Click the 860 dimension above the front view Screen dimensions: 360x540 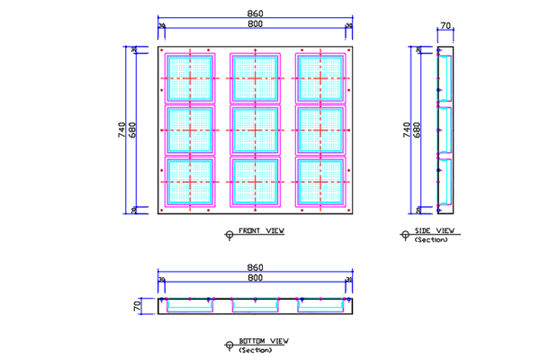tap(255, 13)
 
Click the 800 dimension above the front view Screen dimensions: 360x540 tap(255, 24)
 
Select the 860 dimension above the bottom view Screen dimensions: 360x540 tap(255, 267)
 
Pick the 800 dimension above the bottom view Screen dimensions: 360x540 tap(255, 279)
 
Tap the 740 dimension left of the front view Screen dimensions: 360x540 tap(122, 130)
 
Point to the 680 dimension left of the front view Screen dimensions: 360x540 tap(133, 130)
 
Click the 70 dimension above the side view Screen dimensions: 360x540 tap(445, 26)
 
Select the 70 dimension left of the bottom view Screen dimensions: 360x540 tap(138, 306)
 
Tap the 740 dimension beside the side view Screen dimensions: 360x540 tap(406, 130)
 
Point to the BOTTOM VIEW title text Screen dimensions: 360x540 tap(263, 341)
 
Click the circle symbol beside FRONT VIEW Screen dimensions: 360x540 tap(229, 234)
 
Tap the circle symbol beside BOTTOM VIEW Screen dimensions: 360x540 tap(229, 345)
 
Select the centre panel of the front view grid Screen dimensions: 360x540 tap(255, 130)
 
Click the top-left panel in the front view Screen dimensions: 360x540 tap(190, 78)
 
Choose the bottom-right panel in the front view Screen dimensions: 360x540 tap(320, 183)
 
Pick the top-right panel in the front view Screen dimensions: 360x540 tap(320, 78)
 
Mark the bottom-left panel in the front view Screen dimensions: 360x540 tap(190, 183)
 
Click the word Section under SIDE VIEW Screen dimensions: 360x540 tap(431, 239)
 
